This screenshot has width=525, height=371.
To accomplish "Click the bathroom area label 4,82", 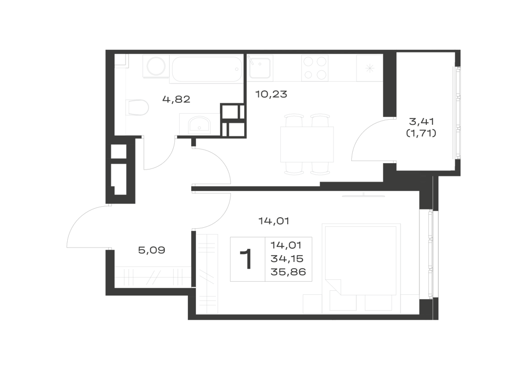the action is (176, 99).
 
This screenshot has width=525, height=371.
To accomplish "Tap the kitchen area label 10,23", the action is (271, 94).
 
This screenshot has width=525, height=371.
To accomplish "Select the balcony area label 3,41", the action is (422, 121).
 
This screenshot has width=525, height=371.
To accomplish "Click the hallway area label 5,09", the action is (152, 250).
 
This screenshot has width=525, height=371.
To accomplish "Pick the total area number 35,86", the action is (288, 272).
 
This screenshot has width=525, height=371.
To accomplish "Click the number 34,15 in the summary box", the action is (287, 259).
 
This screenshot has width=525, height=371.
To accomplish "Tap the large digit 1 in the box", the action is (247, 259).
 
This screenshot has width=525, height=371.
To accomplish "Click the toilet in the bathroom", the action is (137, 108).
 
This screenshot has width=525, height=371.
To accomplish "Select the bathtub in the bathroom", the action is (206, 69).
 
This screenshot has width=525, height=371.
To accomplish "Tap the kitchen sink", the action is (260, 67).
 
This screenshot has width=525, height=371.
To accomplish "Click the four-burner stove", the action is (314, 68).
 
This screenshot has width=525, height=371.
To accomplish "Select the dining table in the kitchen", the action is (307, 144).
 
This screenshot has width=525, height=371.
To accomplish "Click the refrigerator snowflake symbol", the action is (369, 69).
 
